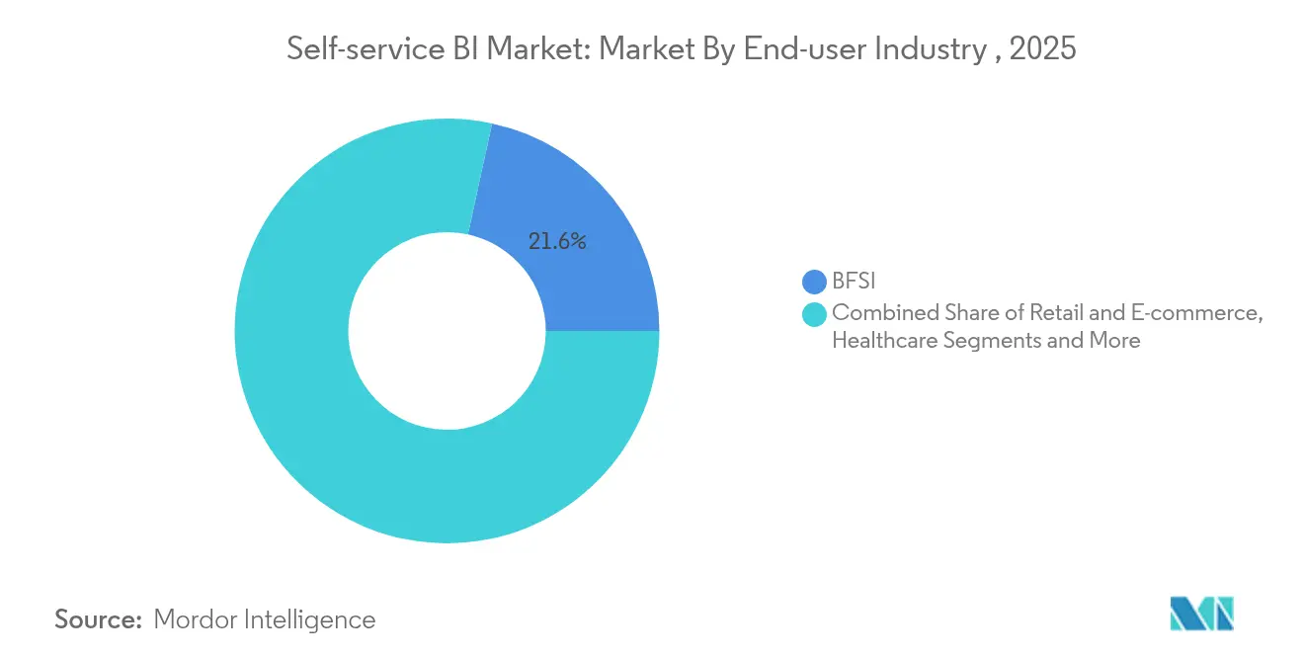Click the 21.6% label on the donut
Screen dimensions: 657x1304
click(557, 241)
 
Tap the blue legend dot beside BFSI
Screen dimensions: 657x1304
click(814, 283)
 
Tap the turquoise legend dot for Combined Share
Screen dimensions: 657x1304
click(814, 314)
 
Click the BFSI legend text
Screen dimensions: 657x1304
click(854, 283)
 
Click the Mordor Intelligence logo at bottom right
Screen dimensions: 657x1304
click(1202, 615)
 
